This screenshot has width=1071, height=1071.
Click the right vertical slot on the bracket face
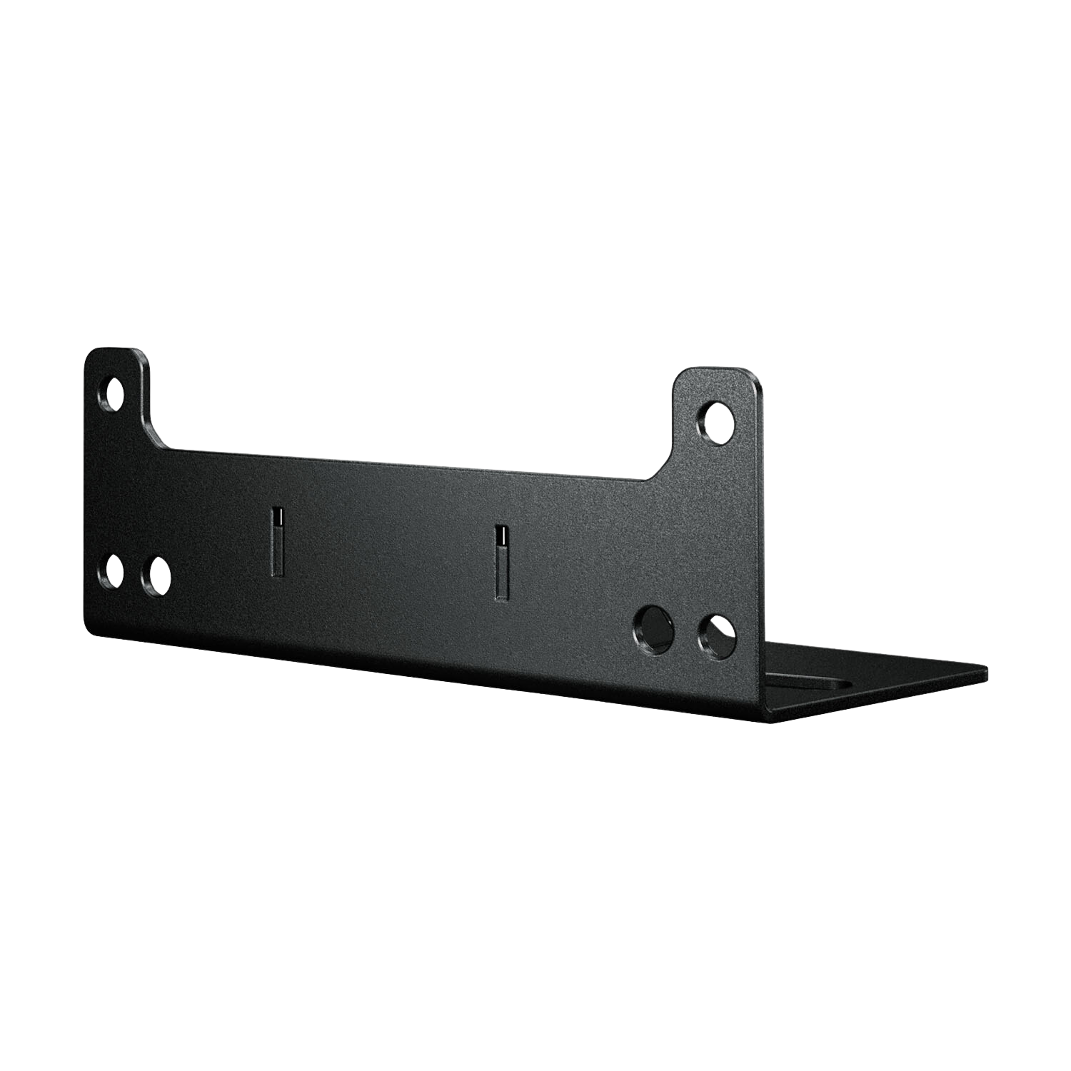503,562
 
